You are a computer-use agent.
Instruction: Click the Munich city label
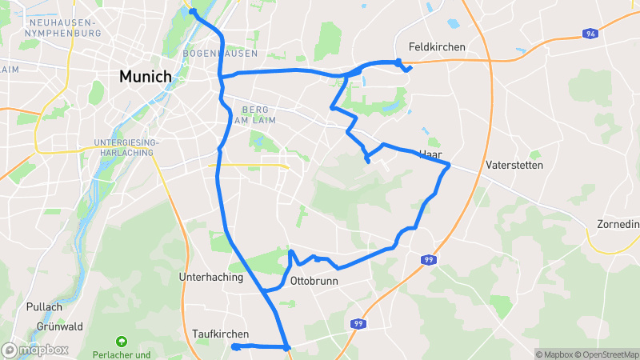145,77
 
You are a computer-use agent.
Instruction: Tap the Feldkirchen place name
436,47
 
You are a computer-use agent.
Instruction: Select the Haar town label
430,154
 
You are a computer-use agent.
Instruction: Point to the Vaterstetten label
514,166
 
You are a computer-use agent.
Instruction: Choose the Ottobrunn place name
314,282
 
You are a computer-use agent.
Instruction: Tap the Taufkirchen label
221,334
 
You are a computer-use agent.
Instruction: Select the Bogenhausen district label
220,54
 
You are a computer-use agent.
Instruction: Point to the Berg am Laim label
254,114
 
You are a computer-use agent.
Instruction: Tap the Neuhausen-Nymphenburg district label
64,28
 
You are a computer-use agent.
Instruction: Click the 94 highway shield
590,34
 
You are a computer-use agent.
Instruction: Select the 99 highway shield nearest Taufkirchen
358,324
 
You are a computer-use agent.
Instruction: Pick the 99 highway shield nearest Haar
430,260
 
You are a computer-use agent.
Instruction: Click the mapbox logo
35,350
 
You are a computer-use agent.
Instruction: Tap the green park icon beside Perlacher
122,342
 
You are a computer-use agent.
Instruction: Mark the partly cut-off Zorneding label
618,224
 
